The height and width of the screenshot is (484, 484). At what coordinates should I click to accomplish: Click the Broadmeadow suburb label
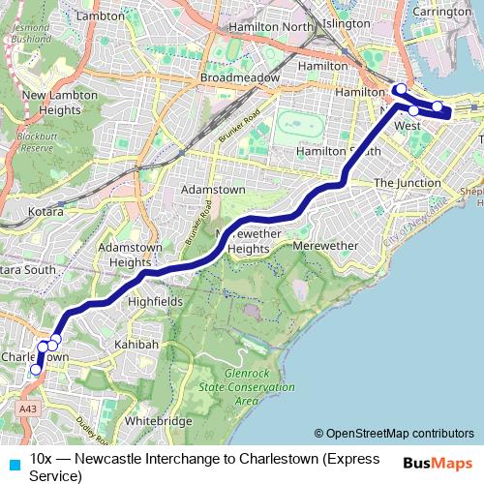pyautogui.click(x=239, y=76)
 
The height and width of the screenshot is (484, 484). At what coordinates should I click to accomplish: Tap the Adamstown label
pyautogui.click(x=214, y=190)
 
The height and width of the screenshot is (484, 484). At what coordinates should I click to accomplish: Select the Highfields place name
pyautogui.click(x=155, y=302)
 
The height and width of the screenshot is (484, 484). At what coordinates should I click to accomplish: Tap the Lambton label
pyautogui.click(x=101, y=16)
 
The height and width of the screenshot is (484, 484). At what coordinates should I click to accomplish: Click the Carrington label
pyautogui.click(x=440, y=13)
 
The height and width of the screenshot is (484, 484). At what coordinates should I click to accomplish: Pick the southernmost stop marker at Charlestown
pyautogui.click(x=37, y=369)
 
